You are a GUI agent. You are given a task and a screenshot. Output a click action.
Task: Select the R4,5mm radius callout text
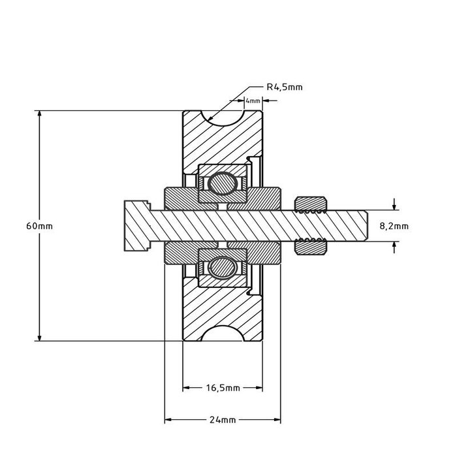pos(285,86)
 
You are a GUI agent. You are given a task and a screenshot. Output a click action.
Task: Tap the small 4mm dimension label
pos(252,101)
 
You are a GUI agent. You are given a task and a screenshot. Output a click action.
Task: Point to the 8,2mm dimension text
pos(394,226)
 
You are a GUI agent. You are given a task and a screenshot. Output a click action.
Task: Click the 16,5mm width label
pos(222,387)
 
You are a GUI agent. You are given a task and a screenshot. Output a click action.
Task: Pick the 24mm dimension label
pos(223,419)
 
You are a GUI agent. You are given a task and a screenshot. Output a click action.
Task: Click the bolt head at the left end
pos(134,225)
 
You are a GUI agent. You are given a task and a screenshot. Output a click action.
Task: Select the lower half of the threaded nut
pos(311,247)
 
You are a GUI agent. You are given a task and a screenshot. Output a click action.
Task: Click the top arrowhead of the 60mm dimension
pos(40,116)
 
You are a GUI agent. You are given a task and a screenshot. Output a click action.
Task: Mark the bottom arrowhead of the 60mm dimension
pos(40,336)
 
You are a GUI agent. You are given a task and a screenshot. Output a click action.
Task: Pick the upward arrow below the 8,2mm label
pos(394,245)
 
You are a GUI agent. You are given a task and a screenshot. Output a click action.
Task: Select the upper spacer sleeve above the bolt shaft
pos(222,198)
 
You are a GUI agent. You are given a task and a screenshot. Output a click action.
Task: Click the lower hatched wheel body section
pos(222,307)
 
